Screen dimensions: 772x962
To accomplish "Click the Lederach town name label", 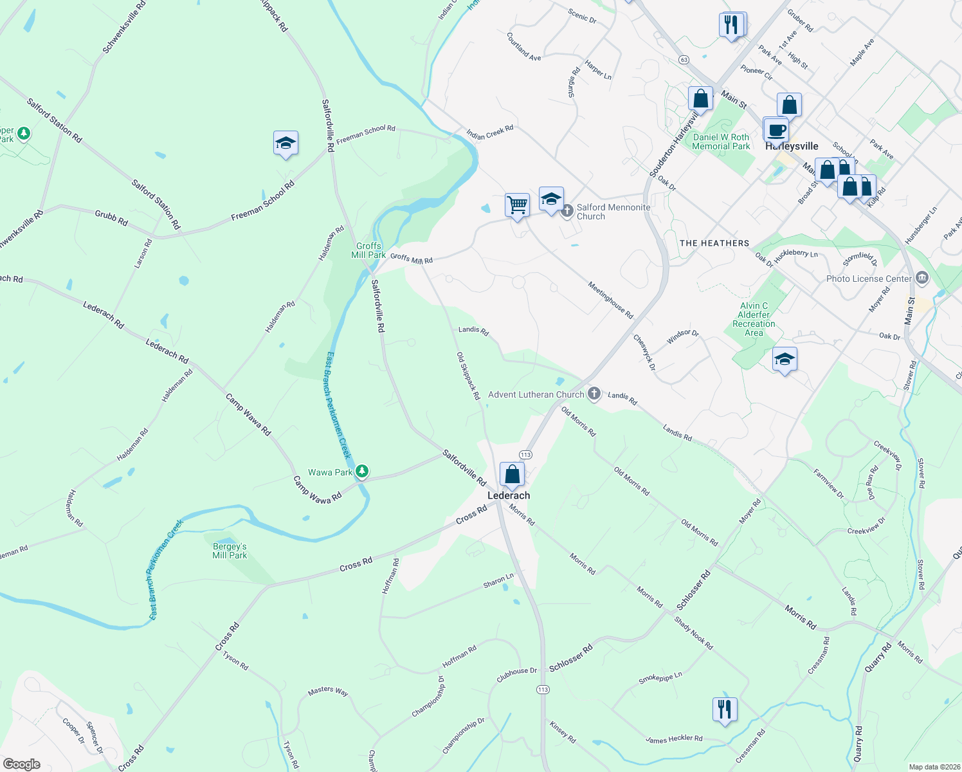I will [x=509, y=495].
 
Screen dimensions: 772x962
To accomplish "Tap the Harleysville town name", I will [x=792, y=146].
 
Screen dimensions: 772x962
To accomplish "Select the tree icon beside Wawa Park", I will [x=362, y=472].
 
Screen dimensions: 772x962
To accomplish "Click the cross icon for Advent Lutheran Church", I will [x=594, y=394].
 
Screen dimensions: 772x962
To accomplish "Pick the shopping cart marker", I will [x=517, y=205].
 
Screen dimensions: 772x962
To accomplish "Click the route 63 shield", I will [x=683, y=59].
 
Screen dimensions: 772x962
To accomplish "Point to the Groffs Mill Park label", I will [x=368, y=250].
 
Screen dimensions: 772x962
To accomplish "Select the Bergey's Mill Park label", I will [x=230, y=551].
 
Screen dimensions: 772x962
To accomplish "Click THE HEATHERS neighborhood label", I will [x=714, y=243].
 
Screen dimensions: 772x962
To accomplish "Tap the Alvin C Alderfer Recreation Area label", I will [x=754, y=319].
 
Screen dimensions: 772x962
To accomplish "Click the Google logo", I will [x=22, y=764].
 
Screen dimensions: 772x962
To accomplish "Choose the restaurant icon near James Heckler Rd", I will [x=725, y=709].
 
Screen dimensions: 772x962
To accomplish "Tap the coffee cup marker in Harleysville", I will [x=776, y=129].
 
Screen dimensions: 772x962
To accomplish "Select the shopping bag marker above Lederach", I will [x=512, y=475].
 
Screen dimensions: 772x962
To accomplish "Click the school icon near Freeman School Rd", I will [x=286, y=143].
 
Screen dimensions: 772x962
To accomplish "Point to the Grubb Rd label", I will [x=111, y=217].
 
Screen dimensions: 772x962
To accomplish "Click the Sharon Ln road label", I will [x=498, y=580].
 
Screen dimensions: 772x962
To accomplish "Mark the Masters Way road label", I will [x=328, y=690].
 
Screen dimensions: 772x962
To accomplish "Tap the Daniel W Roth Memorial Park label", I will [x=721, y=142].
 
